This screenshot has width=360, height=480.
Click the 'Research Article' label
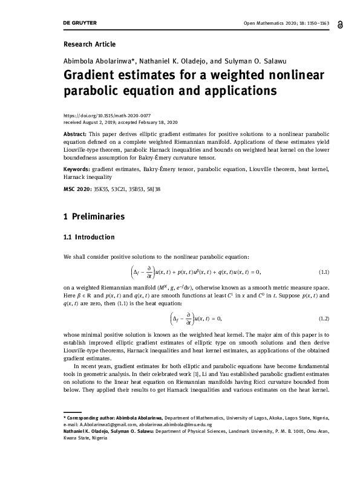90,44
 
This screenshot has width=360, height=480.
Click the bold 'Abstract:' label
74,132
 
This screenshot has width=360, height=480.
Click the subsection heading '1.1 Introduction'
89,236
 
